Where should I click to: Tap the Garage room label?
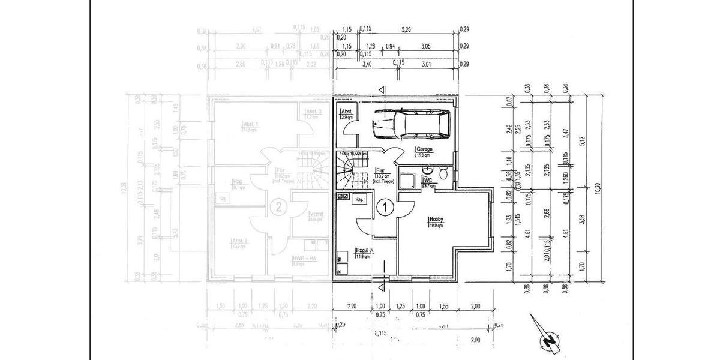[x=424, y=149]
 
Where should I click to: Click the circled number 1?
[x=385, y=208]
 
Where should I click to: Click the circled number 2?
[x=278, y=208]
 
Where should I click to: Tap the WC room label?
[x=428, y=180]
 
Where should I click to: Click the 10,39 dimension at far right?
[x=598, y=187]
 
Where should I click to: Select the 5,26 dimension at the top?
[x=407, y=29]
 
